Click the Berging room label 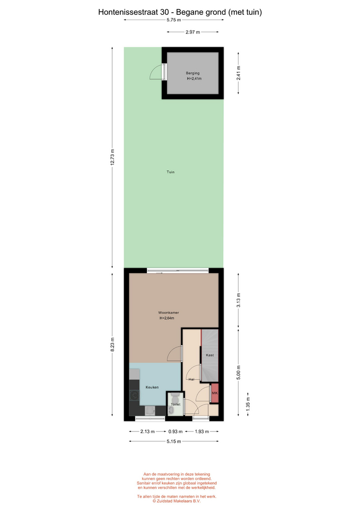193,73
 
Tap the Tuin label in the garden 171,172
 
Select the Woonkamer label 169,313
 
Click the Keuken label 152,387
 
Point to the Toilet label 175,405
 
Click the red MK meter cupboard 215,393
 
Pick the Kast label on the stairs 210,355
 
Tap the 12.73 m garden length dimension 112,157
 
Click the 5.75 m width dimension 174,20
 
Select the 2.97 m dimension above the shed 193,32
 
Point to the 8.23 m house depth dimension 112,345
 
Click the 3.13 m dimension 239,300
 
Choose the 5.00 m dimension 239,373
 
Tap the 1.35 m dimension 248,404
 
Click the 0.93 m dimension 175,432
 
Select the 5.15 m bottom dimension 174,442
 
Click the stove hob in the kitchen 134,396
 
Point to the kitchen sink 150,410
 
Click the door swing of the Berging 155,72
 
